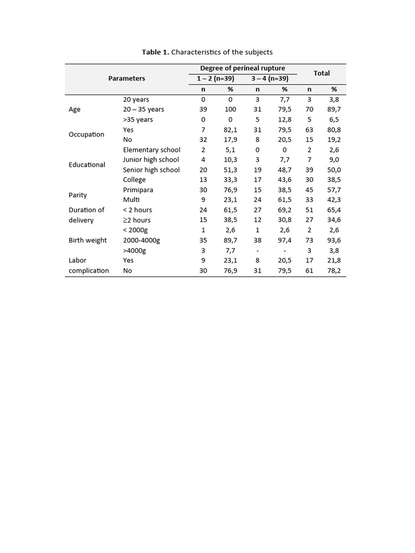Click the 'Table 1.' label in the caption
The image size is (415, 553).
155,52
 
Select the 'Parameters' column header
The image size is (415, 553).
126,78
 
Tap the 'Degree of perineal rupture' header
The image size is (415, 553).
243,68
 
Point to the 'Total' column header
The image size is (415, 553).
322,73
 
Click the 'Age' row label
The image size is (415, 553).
75,109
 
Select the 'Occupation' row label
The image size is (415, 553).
86,134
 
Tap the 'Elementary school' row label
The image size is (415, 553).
151,150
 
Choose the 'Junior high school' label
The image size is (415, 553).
151,160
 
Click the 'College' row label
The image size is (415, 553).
134,180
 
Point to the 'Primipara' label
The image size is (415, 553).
138,190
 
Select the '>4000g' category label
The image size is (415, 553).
135,251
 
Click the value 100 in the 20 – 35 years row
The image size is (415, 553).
230,109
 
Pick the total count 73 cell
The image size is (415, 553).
310,240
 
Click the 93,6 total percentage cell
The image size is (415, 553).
334,240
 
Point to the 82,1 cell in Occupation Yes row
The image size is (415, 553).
231,130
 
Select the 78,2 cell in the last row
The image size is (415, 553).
334,271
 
